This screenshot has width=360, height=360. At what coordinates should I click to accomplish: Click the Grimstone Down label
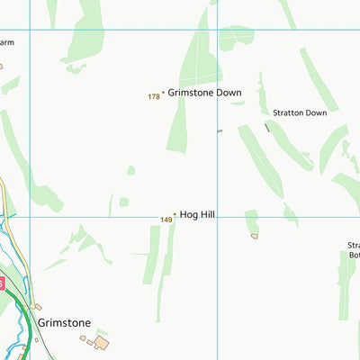[205, 92]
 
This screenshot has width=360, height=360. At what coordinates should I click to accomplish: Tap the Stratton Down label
[300, 112]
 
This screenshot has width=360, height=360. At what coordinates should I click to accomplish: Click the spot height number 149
[166, 220]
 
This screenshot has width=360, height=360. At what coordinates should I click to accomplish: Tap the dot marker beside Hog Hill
[175, 214]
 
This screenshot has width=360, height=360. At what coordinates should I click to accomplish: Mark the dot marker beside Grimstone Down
[163, 92]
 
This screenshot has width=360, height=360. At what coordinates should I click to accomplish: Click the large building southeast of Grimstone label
[102, 343]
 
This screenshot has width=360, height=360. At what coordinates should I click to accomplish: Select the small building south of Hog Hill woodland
[255, 236]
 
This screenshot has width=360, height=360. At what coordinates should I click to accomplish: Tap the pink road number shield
[2, 283]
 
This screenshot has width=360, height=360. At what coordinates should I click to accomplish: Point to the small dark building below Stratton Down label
[266, 128]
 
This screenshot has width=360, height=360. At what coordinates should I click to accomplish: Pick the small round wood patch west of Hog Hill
[130, 169]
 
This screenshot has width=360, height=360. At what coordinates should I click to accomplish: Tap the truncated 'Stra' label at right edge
[353, 245]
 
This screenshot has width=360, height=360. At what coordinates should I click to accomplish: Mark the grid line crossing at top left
[30, 31]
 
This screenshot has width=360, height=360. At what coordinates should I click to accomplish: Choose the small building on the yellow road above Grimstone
[37, 307]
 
